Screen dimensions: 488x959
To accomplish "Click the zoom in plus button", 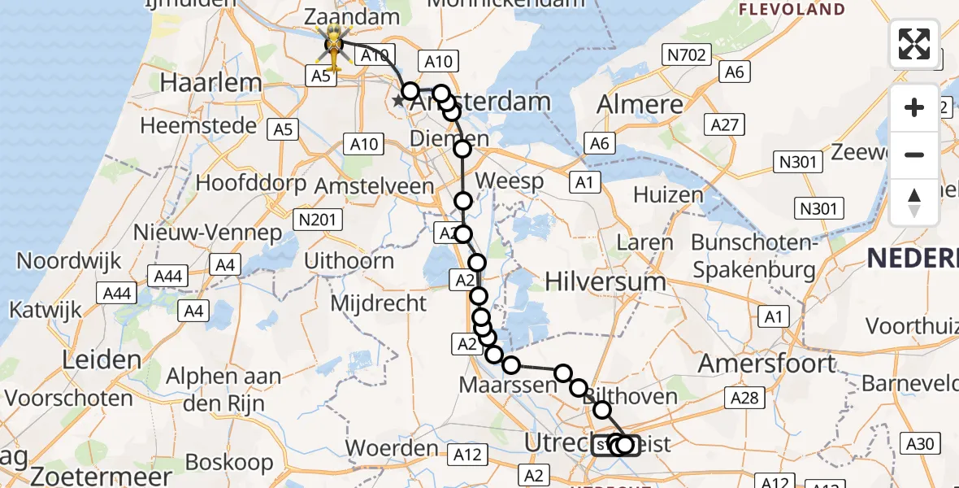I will (914, 107).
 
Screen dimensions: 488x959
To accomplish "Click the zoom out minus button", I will (914, 155).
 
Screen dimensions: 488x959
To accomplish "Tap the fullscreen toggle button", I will (914, 44).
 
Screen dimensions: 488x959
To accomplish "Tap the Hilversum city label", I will (605, 281).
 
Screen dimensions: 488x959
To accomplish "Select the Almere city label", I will (640, 104).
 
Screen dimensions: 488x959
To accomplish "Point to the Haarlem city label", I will (211, 82).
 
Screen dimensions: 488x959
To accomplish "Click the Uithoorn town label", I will (349, 261).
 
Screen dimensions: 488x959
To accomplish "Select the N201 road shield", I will (320, 220).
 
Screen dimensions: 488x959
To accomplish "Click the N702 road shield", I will (687, 55).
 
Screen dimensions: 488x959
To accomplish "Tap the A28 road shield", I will (744, 397).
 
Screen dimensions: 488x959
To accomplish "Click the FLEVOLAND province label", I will (792, 10).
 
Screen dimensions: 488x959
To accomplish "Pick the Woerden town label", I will (392, 448).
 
